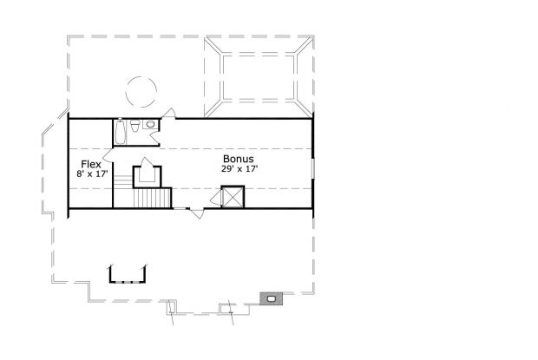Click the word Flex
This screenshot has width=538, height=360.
point(91,164)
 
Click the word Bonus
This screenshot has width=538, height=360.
point(239,159)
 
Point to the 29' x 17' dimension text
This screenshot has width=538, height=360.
point(239,168)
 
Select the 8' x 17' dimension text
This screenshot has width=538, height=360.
point(92,173)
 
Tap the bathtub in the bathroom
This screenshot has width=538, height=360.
point(120,132)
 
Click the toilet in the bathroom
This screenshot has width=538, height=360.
point(135,126)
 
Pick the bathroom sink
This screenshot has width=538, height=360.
point(150,124)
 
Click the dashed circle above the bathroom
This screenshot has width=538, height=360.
point(141,92)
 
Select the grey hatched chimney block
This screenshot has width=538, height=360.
point(272,298)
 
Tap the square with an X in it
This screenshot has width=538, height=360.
point(233,197)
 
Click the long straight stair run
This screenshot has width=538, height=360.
point(152,198)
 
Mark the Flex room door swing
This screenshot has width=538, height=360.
point(108,155)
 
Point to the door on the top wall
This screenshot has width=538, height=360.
point(168,113)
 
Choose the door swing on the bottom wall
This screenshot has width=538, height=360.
point(197,213)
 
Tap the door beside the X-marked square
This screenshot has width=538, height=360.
point(216,198)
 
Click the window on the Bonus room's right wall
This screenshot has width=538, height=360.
point(312,168)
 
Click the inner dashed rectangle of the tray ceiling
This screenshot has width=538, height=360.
point(259,77)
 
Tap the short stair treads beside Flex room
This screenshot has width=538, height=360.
point(123,181)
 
